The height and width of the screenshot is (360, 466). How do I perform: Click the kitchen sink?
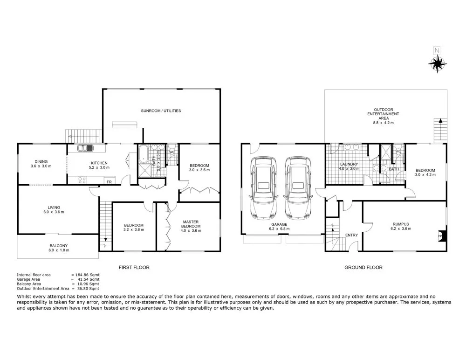click(x=85, y=149)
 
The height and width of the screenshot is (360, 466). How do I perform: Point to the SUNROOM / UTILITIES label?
click(x=161, y=111)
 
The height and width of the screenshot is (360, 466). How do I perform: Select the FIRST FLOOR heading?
click(x=134, y=268)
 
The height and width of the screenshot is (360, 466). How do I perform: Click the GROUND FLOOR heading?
click(x=364, y=268)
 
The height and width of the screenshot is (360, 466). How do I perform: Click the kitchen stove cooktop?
click(x=82, y=180)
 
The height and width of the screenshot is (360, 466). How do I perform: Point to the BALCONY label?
click(x=58, y=246)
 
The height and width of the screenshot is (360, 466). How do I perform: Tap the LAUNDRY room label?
click(x=349, y=164)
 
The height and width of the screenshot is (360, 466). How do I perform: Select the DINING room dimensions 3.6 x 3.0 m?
click(x=41, y=166)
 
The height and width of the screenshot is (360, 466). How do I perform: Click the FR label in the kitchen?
click(x=109, y=182)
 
